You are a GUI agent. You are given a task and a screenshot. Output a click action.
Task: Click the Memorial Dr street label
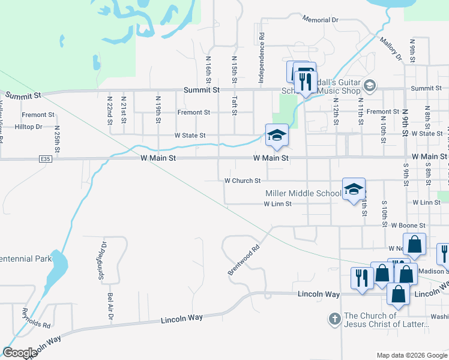tap(321, 20)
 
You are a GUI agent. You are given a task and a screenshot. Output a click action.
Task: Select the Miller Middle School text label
tap(303, 193)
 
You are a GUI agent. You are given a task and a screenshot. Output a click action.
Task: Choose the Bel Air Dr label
tap(110, 305)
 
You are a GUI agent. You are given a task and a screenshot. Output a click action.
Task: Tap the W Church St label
tap(243, 180)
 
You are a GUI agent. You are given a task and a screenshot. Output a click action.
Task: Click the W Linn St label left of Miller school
tap(277, 204)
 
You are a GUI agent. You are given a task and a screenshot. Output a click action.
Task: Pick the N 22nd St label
tap(109, 110)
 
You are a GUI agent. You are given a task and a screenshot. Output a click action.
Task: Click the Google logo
tap(20, 353)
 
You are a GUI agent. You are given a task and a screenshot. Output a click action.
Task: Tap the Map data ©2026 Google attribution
tap(411, 355)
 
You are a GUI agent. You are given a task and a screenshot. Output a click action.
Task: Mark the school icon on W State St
tap(277, 135)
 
